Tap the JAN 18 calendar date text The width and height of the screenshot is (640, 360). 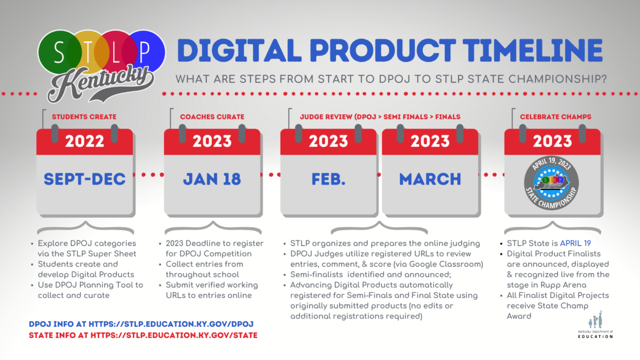[x=212, y=179]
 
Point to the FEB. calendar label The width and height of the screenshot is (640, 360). [x=329, y=179]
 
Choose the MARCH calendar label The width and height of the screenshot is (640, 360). [x=430, y=179]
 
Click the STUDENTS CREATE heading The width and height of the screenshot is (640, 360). [x=84, y=117]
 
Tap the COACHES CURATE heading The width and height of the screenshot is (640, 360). [x=212, y=117]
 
